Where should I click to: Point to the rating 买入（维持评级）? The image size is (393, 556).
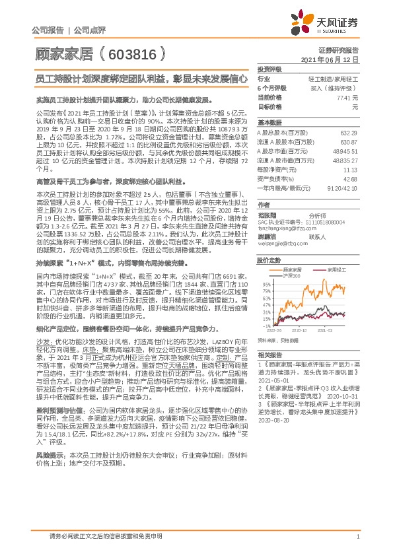point(336,88)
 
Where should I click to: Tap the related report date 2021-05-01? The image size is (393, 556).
point(273,380)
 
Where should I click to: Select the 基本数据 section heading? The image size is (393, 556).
point(269,123)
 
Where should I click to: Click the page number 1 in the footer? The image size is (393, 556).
point(357,538)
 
